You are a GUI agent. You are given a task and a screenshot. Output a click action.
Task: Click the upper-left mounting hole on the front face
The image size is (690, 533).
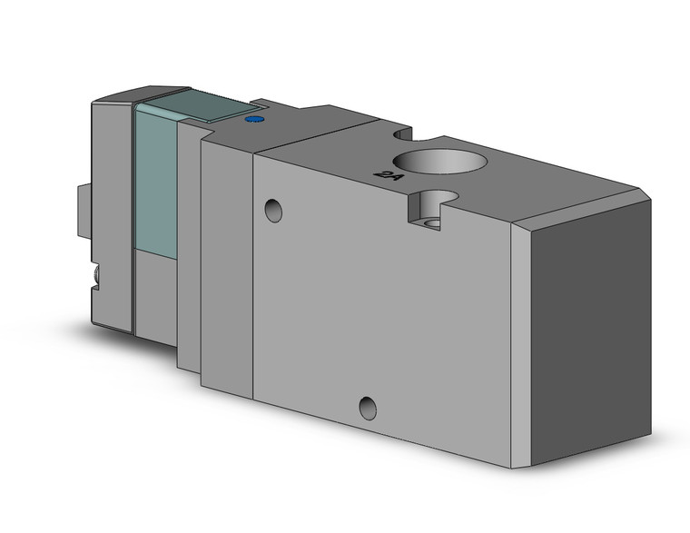click(272, 211)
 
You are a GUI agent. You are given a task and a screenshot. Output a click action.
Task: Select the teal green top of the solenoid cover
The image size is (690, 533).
click(191, 107)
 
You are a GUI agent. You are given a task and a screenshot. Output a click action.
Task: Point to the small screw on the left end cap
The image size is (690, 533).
click(94, 273)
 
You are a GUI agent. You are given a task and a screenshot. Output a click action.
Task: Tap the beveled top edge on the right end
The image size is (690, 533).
click(581, 204)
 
